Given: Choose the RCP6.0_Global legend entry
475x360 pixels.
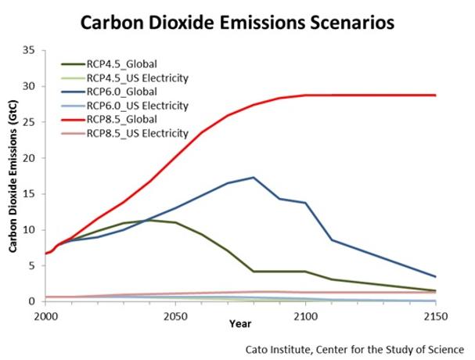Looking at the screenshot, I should click(x=130, y=91).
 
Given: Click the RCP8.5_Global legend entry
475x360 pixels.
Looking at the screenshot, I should click(x=130, y=119).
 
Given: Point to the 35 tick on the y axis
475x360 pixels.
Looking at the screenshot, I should click(x=31, y=50).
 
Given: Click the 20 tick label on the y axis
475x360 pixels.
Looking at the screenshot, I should click(x=31, y=158).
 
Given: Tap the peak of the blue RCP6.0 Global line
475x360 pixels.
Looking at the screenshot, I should click(x=253, y=178).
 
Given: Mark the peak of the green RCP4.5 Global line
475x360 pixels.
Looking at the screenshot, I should click(x=149, y=220).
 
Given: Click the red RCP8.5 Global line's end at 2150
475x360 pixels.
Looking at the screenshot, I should click(x=434, y=95).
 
